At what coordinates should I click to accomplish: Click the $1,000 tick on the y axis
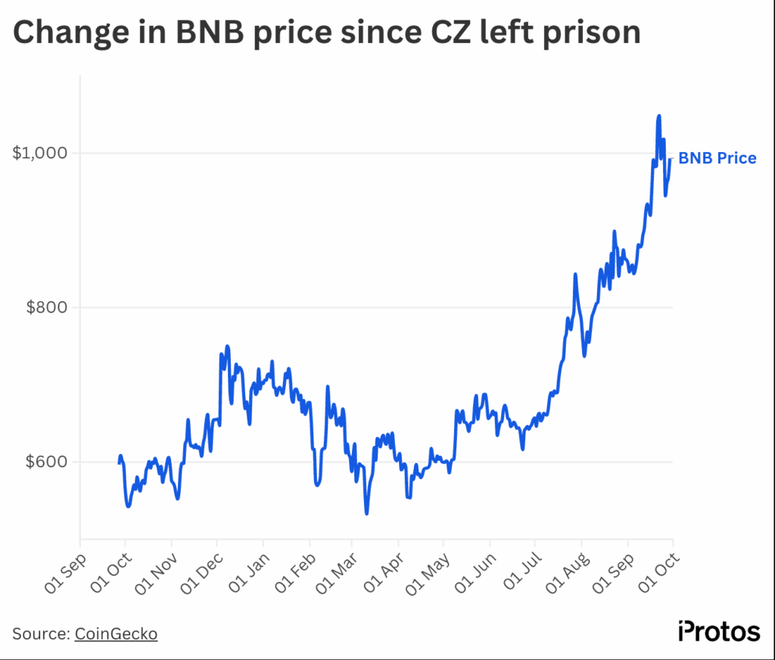pyautogui.click(x=39, y=153)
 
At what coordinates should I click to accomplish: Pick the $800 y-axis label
pyautogui.click(x=47, y=307)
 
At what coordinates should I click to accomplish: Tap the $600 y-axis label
pyautogui.click(x=47, y=462)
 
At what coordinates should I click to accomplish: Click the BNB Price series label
pyautogui.click(x=717, y=158)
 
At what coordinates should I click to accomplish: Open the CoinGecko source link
pyautogui.click(x=116, y=634)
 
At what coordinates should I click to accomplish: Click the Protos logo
pyautogui.click(x=718, y=631)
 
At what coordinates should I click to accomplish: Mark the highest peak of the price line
pyautogui.click(x=659, y=116)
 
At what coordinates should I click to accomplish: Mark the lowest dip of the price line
pyautogui.click(x=366, y=514)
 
